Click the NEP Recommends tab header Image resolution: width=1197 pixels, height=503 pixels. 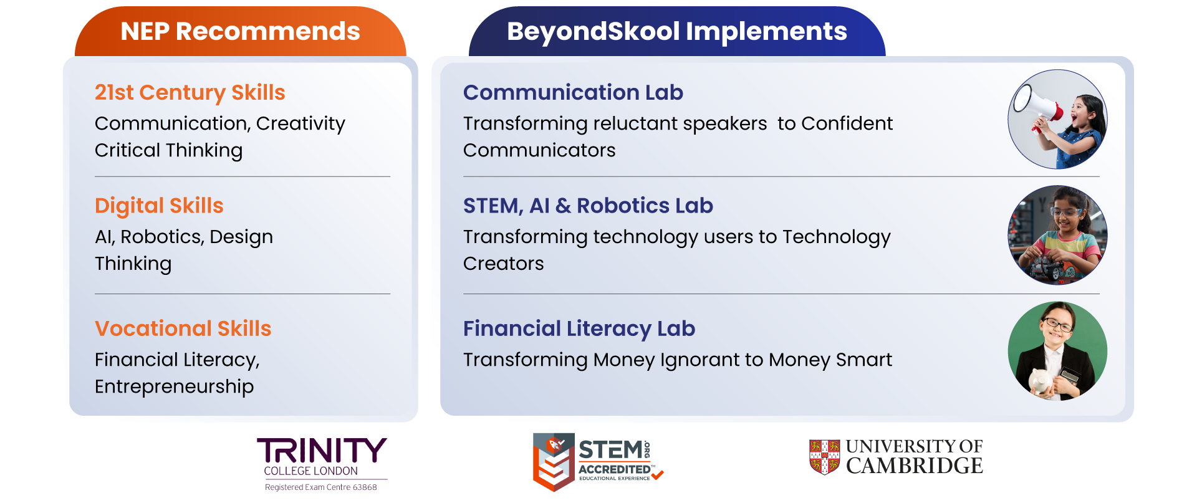(x=241, y=31)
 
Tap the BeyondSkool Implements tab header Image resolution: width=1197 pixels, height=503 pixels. (x=677, y=31)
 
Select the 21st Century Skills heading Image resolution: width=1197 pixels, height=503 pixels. (x=190, y=92)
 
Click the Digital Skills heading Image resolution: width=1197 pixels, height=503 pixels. (x=159, y=206)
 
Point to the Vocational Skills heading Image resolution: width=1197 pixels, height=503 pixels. (x=183, y=328)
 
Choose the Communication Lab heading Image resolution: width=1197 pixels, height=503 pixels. (x=573, y=92)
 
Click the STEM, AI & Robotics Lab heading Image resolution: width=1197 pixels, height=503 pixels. (x=588, y=206)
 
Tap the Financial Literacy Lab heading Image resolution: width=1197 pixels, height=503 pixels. (x=579, y=328)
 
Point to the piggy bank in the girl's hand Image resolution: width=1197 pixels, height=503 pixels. (x=1041, y=380)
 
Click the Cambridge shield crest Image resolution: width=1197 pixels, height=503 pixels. (x=824, y=457)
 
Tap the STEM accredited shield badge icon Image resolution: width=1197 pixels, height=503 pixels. (x=553, y=462)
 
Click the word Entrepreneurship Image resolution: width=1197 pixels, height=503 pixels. (x=175, y=386)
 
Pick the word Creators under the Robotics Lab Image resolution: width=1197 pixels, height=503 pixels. (x=504, y=264)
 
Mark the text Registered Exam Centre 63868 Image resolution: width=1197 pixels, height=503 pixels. (x=321, y=487)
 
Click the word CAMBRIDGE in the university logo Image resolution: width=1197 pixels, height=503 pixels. (x=915, y=466)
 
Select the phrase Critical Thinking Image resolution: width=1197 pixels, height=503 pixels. (x=169, y=150)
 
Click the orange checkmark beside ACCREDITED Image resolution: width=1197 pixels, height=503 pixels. (x=658, y=475)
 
